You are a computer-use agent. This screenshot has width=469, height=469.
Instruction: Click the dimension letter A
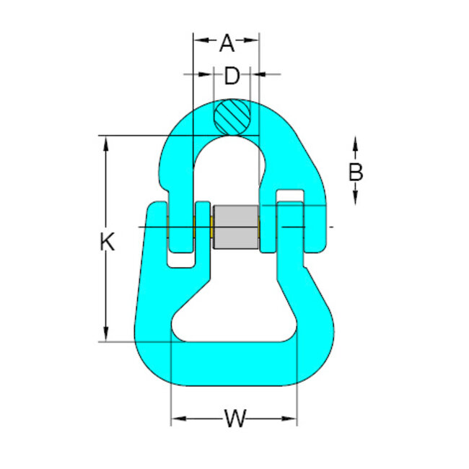[x=227, y=44]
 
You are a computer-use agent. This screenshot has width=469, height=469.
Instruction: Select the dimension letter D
[x=231, y=76]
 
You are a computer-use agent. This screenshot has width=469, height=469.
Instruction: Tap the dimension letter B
[x=355, y=172]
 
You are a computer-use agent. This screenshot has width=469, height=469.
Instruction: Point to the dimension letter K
[x=107, y=242]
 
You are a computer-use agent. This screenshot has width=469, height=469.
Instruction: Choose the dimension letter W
[x=234, y=418]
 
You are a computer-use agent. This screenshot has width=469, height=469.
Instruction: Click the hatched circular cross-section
[x=233, y=115]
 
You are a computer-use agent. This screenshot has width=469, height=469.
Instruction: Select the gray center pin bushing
[x=236, y=227]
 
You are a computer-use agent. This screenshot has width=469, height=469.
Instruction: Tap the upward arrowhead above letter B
[x=355, y=146]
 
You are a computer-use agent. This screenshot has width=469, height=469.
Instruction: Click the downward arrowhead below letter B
[x=355, y=196]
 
